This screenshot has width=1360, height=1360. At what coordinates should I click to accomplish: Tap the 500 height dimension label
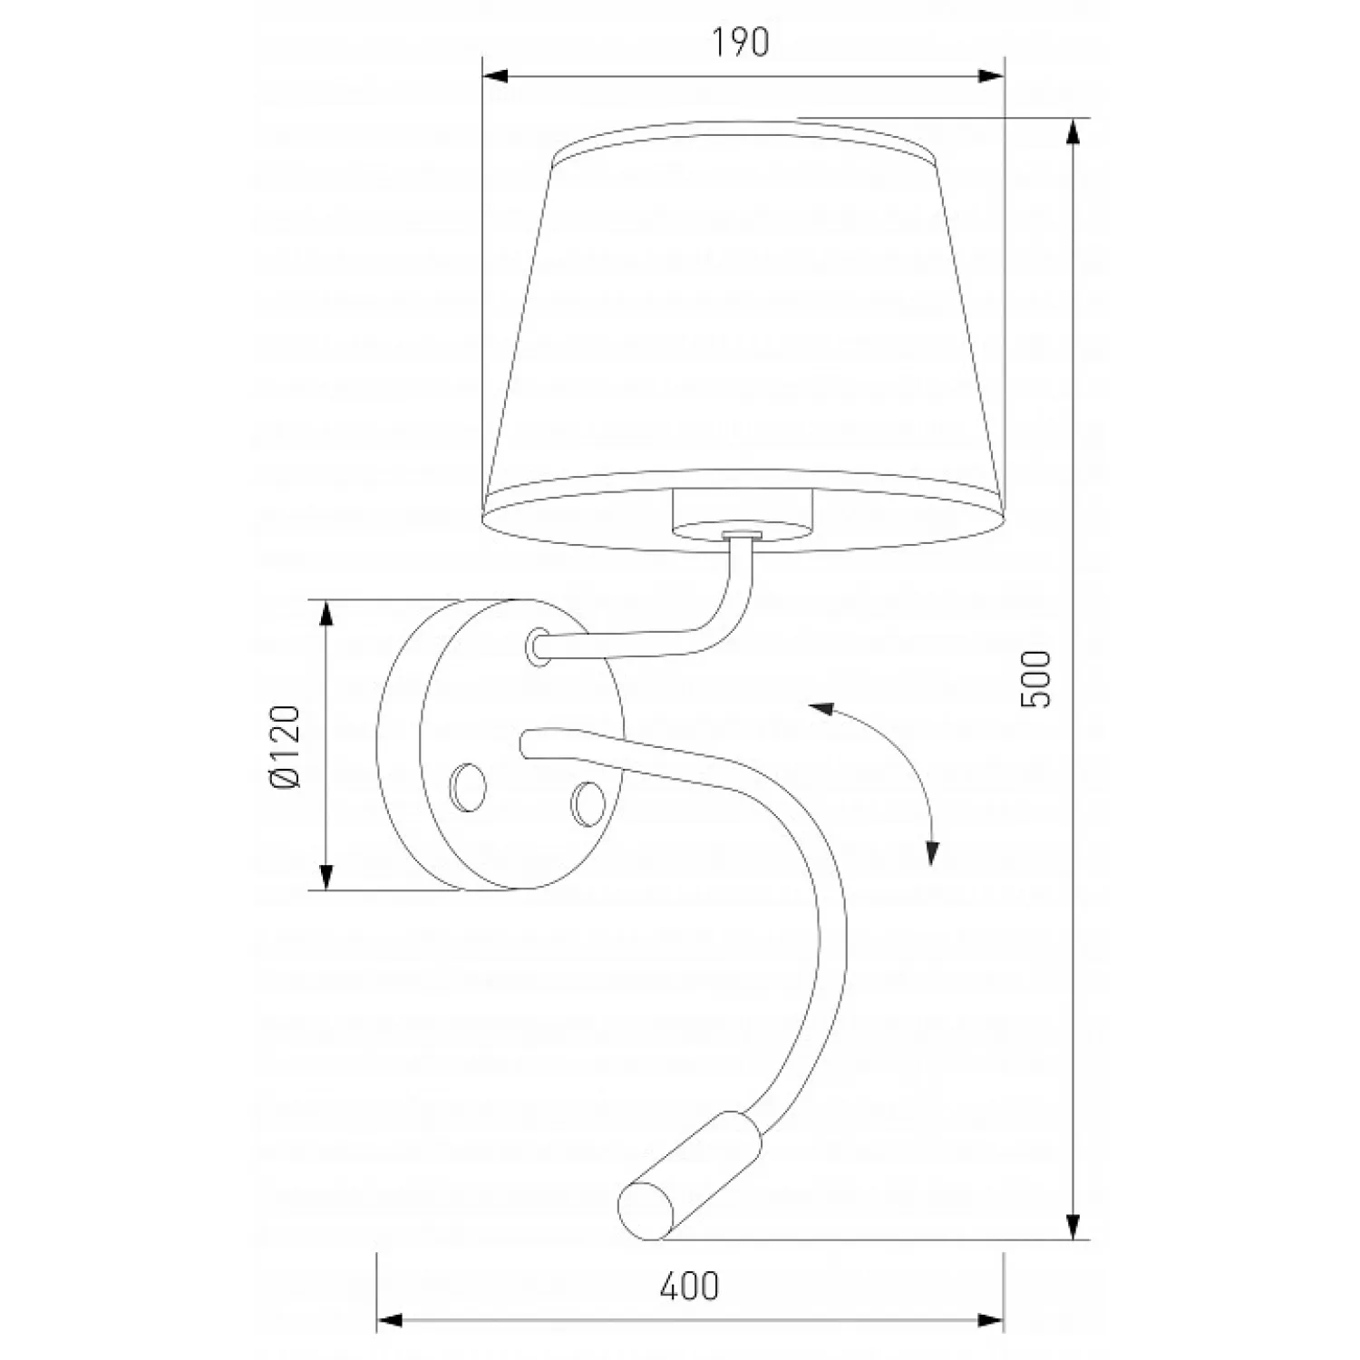point(1035,678)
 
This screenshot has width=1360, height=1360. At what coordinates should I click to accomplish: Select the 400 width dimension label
point(689,1286)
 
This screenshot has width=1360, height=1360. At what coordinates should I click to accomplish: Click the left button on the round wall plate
point(469,784)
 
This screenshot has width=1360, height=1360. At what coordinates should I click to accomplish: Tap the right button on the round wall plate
point(588,801)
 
